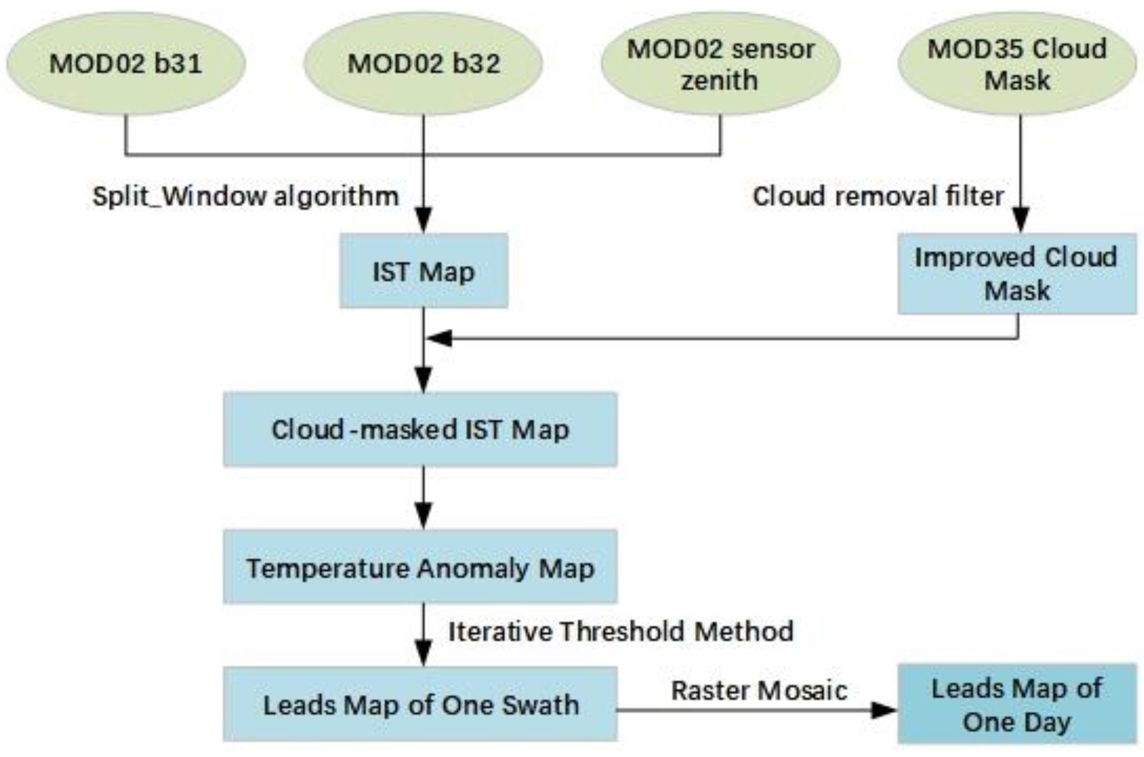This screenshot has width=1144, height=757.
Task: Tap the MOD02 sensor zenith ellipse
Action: tap(720, 64)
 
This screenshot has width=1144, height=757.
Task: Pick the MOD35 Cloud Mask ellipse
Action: tap(1017, 64)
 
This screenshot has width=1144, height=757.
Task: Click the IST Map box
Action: tap(423, 271)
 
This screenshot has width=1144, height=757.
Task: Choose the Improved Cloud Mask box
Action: tap(1017, 274)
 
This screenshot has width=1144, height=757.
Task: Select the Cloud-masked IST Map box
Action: tap(420, 429)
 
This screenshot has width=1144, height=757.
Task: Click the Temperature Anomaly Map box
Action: tap(420, 568)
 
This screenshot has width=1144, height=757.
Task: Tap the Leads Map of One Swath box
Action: tap(420, 704)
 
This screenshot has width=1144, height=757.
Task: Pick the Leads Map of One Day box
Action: tap(1017, 704)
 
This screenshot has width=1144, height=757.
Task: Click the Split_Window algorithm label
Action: tap(246, 196)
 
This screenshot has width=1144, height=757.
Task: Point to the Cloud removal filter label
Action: tap(878, 196)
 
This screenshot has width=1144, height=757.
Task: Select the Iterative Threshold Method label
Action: tap(621, 631)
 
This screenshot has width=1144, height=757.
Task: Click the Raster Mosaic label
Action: tap(759, 690)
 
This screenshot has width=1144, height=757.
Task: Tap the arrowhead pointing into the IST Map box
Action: tap(424, 220)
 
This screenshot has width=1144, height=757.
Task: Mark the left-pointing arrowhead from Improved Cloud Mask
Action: tap(439, 338)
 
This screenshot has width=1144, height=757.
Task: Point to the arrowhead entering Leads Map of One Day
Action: tap(883, 710)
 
